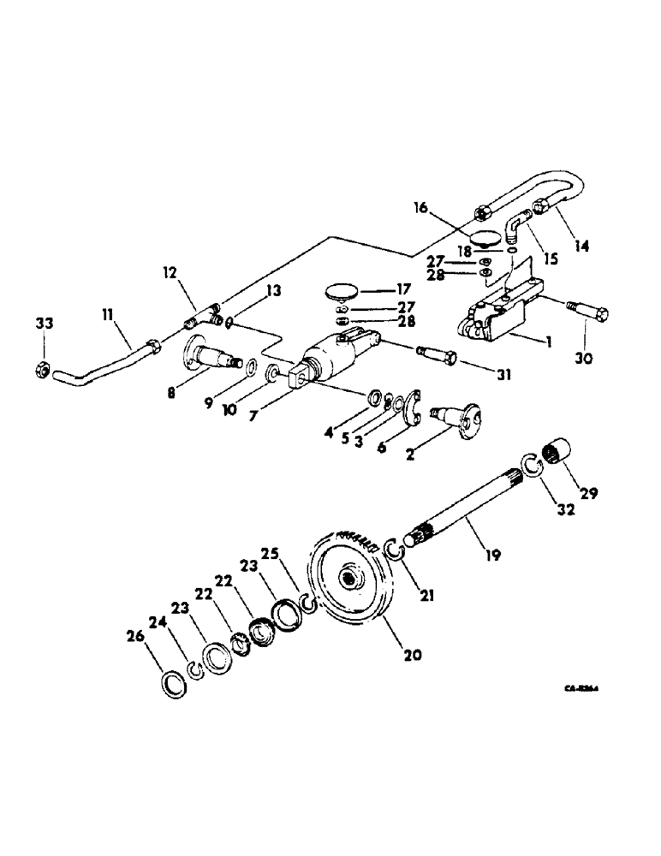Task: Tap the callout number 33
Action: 43,323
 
